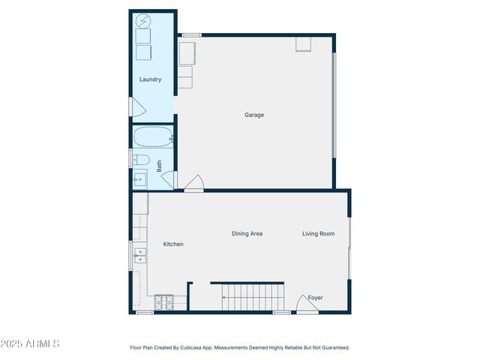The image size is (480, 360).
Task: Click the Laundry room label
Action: pos(150,79)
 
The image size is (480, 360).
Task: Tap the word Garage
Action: pos(254,115)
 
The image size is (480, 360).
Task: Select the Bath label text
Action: pos(159,166)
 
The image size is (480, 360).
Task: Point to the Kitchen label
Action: pos(173,244)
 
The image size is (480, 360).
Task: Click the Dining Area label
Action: pos(247,234)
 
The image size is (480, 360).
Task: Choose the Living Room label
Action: pos(319,234)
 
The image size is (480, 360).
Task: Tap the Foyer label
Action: pos(315,298)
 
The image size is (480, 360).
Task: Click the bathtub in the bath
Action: pos(153,138)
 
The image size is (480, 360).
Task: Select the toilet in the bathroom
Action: pos(140,160)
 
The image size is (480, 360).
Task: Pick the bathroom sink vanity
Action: pos(139,179)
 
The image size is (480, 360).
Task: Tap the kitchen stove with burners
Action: pos(164,303)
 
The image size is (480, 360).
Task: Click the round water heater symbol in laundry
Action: pos(142,22)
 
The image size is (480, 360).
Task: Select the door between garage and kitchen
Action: pos(193,183)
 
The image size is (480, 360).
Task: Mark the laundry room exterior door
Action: pos(136,107)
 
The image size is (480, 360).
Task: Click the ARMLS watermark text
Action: pos(31,343)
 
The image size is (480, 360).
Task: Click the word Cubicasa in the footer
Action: pos(206,347)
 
